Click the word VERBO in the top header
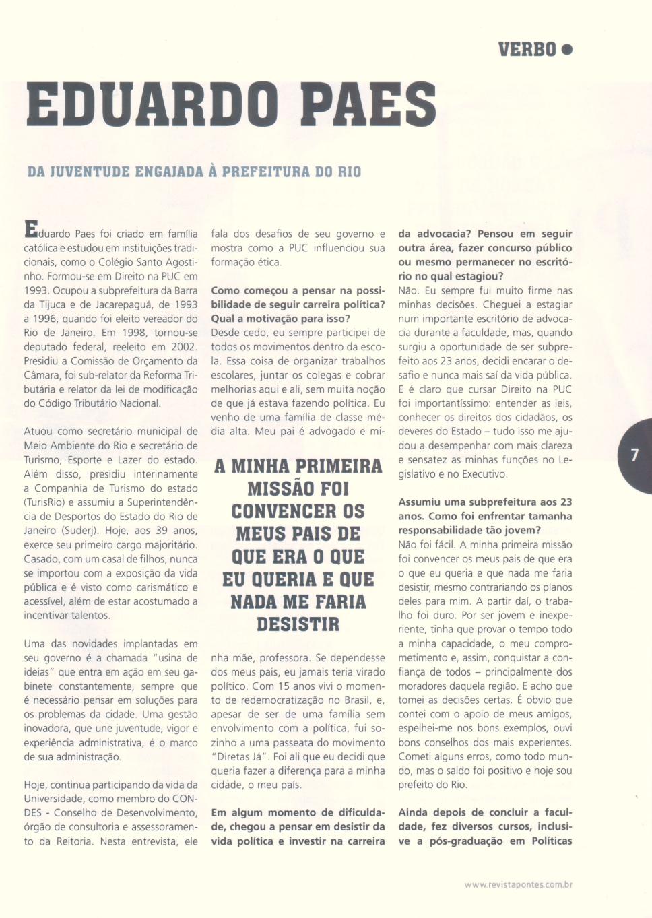(x=527, y=49)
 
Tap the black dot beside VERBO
(x=566, y=49)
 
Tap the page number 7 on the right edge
(x=634, y=455)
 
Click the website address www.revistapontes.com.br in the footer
(x=518, y=884)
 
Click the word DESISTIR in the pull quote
(x=298, y=624)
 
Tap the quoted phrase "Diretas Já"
(x=240, y=756)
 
